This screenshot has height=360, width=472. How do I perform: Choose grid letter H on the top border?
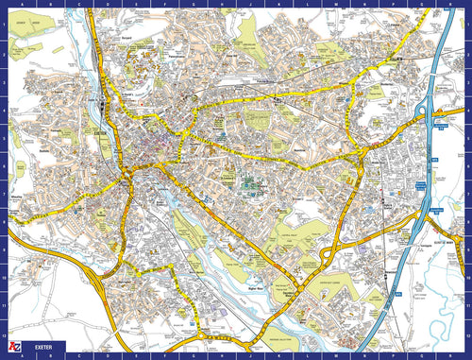tap(198, 5)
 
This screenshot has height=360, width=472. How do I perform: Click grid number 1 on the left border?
tap(5, 24)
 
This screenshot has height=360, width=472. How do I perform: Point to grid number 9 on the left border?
tap(5, 250)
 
